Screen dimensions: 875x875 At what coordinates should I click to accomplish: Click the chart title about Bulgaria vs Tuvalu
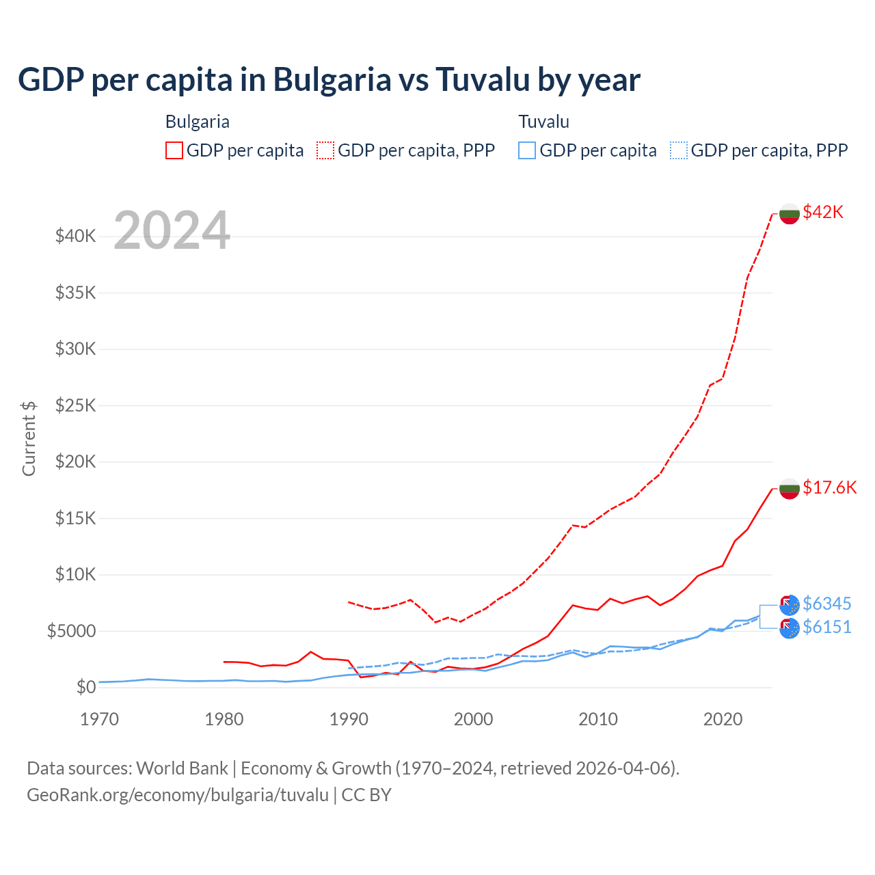point(329,80)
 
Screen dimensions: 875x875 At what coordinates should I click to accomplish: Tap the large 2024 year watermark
point(172,231)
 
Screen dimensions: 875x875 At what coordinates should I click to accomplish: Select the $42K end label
point(823,212)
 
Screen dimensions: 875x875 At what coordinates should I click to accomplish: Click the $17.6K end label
point(829,487)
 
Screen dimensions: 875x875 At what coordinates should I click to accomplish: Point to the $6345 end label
point(826,604)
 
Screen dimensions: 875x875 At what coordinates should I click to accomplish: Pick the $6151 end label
point(826,627)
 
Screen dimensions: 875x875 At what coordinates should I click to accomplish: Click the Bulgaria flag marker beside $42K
point(790,213)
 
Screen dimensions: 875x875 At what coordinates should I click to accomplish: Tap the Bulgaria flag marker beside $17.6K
point(790,489)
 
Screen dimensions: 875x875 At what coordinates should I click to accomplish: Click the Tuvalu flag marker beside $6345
point(790,605)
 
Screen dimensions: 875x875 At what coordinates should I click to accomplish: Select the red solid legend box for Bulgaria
point(174,150)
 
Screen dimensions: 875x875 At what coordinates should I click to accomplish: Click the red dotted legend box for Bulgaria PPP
point(325,150)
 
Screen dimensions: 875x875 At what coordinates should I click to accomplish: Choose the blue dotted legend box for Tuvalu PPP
point(679,150)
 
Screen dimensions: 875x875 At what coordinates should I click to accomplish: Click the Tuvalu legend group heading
point(543,122)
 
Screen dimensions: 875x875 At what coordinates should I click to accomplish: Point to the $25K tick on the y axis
point(75,405)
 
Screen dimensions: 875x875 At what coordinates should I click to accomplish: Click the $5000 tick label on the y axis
point(71,631)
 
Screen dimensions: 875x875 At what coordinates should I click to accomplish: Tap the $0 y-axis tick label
point(85,687)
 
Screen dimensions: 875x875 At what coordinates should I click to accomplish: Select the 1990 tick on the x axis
point(349,719)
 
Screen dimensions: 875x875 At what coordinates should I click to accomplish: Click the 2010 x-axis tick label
point(598,719)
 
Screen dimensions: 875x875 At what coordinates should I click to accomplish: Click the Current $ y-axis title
point(29,438)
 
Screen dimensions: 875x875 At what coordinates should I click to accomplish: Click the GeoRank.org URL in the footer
point(178,795)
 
